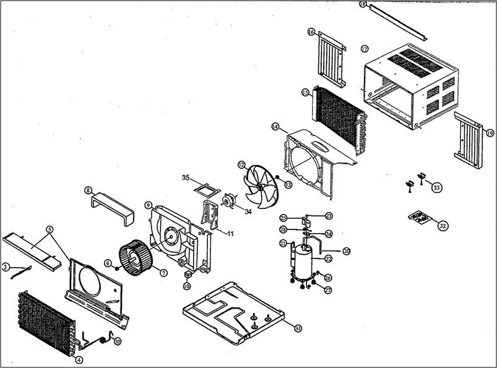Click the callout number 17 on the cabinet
(365, 49)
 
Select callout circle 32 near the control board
(443, 226)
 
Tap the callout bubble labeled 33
(437, 187)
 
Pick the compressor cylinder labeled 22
(303, 260)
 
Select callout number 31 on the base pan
(298, 328)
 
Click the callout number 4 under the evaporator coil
(79, 359)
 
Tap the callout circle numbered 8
(89, 190)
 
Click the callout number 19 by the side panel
(490, 133)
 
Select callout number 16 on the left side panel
(311, 32)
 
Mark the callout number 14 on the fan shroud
(275, 127)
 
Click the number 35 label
(185, 178)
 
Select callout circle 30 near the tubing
(118, 341)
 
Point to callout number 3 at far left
(6, 267)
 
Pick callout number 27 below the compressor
(327, 290)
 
